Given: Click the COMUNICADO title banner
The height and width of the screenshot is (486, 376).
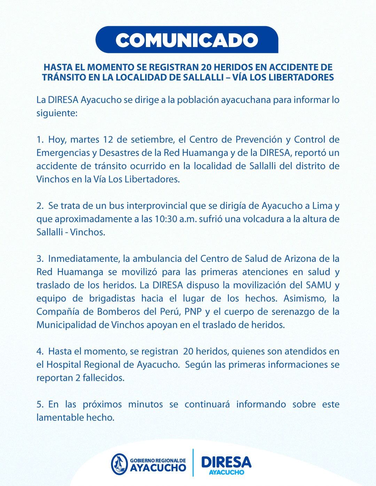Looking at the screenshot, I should click(x=187, y=40).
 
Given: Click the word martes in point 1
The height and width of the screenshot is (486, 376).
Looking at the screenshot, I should click(x=84, y=140).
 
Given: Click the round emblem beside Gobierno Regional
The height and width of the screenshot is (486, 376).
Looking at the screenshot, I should click(x=119, y=463).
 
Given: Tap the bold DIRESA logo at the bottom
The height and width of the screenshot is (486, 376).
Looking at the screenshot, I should click(x=226, y=462).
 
